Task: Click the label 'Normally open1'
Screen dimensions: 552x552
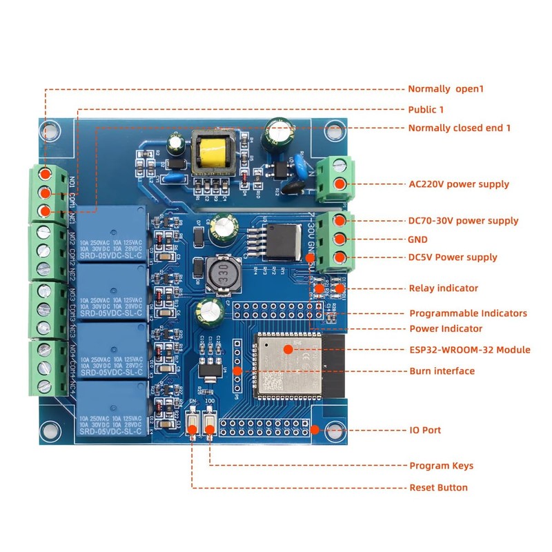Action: pos(447,89)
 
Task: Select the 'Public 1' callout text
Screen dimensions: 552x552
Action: pos(426,110)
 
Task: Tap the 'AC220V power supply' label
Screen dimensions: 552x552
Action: pos(458,184)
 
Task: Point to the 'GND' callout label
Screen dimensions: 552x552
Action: pos(419,239)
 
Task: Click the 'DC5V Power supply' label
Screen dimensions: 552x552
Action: pos(453,257)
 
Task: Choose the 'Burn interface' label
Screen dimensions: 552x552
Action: pos(442,371)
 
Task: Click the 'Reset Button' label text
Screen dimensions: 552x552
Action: pos(439,488)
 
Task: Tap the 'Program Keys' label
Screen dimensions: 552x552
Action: pos(442,466)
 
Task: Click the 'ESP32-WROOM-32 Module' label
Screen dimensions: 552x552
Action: pos(470,350)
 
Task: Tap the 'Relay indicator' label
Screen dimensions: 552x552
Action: pos(443,288)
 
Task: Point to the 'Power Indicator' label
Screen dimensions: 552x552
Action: pos(446,328)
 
